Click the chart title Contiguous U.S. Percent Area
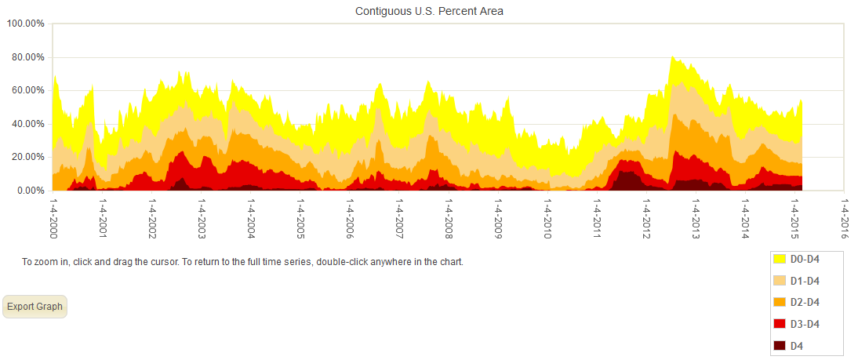point(429,11)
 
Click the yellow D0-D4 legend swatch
point(780,258)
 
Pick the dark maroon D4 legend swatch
point(780,346)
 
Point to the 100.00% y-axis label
point(26,24)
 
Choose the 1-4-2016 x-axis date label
point(844,218)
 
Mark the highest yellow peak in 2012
point(672,57)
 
